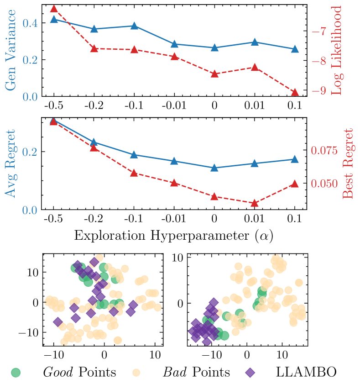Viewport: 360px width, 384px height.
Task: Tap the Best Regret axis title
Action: (348, 163)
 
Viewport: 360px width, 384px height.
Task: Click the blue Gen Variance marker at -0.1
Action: (134, 26)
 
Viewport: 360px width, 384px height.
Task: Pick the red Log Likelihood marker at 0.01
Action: (255, 68)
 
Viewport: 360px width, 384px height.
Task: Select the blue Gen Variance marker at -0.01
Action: (174, 44)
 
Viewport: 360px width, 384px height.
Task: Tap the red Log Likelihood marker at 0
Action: (214, 74)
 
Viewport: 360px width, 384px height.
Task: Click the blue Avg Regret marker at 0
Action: (214, 168)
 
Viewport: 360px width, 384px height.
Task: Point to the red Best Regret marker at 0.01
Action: (255, 203)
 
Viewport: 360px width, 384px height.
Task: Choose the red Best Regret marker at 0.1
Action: (295, 184)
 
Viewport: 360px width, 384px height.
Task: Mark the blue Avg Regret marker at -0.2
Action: (94, 142)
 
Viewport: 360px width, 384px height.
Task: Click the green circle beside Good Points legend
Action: (17, 372)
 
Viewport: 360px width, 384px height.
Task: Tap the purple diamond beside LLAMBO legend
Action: (250, 372)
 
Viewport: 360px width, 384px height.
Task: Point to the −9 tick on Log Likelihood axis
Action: (322, 91)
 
